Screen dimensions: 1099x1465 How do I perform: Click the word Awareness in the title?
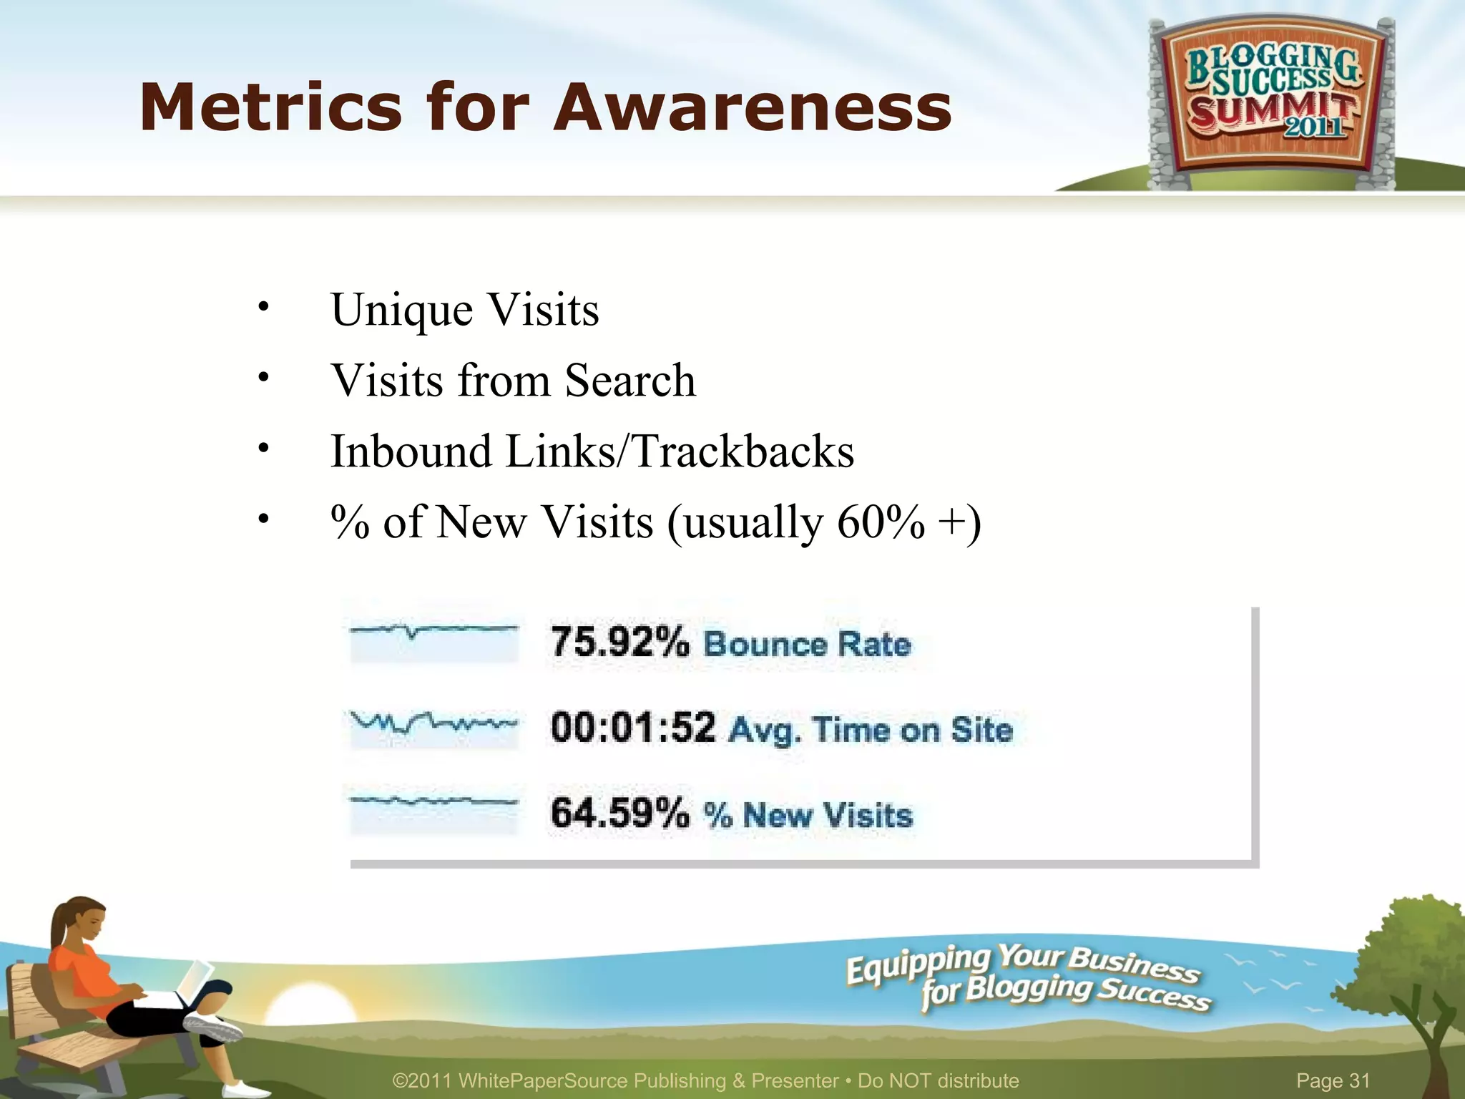pos(753,108)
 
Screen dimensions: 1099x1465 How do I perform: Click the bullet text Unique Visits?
pos(465,311)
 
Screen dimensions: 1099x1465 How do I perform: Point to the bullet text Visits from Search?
pos(513,381)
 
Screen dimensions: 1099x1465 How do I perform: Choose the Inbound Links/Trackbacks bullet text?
pos(592,451)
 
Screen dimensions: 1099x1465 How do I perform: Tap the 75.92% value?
pos(619,641)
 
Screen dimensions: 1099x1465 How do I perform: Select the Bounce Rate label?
pos(807,644)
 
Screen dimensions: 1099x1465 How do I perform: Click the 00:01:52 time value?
pos(633,728)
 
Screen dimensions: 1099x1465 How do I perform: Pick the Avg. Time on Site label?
pos(871,730)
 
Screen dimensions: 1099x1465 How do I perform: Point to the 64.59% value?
pos(619,814)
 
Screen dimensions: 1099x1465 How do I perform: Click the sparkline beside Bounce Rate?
pos(433,640)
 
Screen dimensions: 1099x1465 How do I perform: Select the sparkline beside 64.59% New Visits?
pos(433,811)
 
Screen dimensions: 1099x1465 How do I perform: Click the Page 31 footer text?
pos(1333,1080)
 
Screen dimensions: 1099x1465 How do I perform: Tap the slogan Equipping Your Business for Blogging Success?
pos(1027,976)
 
